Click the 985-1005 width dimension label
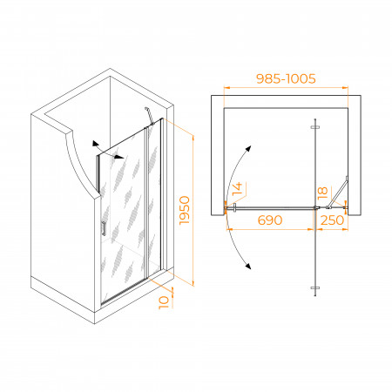pyautogui.click(x=286, y=78)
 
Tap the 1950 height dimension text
pyautogui.click(x=185, y=210)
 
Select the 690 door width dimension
pyautogui.click(x=270, y=220)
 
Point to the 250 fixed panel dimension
pyautogui.click(x=332, y=220)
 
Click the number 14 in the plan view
pyautogui.click(x=238, y=188)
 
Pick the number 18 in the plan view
pyautogui.click(x=322, y=193)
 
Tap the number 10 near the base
pyautogui.click(x=164, y=302)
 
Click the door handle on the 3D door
pyautogui.click(x=104, y=228)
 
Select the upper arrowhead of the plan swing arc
pyautogui.click(x=247, y=149)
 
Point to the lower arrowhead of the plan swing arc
pyautogui.click(x=247, y=266)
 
